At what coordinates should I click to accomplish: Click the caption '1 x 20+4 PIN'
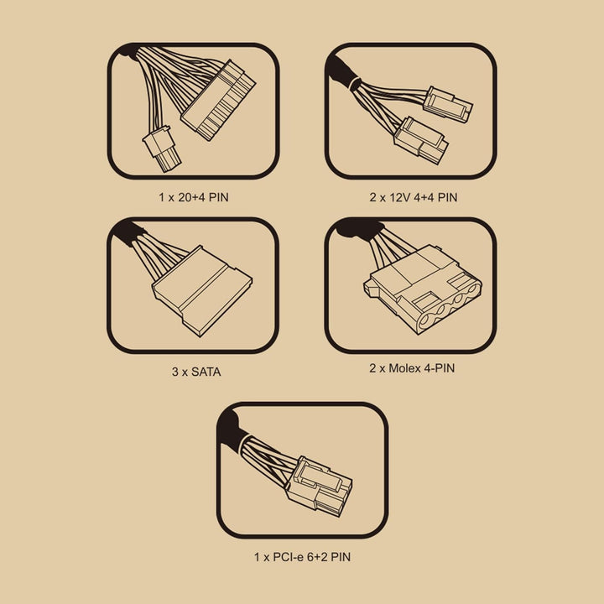[x=194, y=198]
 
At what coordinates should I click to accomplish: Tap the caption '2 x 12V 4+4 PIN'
[x=414, y=198]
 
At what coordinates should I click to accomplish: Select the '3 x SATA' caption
[x=196, y=372]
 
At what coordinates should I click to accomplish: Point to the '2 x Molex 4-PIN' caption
[x=412, y=368]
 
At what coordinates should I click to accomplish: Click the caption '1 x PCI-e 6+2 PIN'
[x=302, y=557]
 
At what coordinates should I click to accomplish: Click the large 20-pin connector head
[x=218, y=101]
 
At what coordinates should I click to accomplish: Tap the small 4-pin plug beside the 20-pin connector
[x=161, y=148]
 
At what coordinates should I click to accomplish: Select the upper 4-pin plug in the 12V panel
[x=448, y=104]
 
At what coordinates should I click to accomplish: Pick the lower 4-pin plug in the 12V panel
[x=420, y=141]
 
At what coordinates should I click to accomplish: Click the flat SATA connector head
[x=202, y=291]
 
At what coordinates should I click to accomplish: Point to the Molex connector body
[x=423, y=289]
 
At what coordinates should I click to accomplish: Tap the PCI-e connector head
[x=319, y=486]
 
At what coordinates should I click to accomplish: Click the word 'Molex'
[x=405, y=368]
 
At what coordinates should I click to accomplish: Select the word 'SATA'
[x=206, y=372]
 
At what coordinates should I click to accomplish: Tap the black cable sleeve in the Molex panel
[x=360, y=229]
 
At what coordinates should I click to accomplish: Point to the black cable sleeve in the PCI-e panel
[x=232, y=429]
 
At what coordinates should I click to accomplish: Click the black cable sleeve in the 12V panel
[x=341, y=72]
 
